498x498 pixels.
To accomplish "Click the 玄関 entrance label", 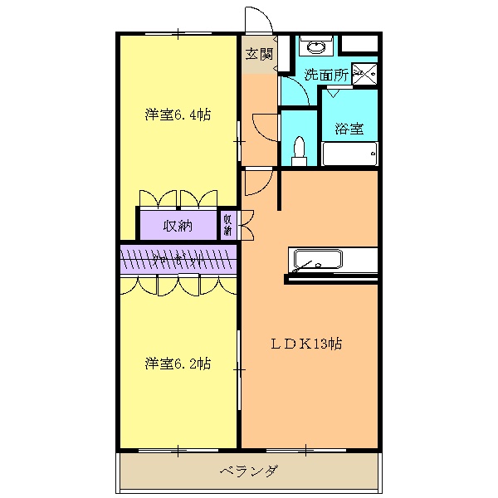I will pyautogui.click(x=260, y=54).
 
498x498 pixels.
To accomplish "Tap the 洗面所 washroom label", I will pyautogui.click(x=325, y=74).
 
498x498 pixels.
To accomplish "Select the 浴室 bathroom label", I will pyautogui.click(x=349, y=129).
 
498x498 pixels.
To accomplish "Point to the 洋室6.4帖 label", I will pyautogui.click(x=178, y=115).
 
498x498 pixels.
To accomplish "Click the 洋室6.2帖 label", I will pyautogui.click(x=178, y=364).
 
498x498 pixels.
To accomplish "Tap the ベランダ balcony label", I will pyautogui.click(x=249, y=471).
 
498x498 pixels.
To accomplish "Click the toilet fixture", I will pyautogui.click(x=300, y=149).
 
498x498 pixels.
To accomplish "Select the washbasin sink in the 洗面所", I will pyautogui.click(x=315, y=46).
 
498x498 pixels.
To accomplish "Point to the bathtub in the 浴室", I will pyautogui.click(x=349, y=154).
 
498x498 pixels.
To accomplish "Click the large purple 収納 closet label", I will pyautogui.click(x=178, y=225).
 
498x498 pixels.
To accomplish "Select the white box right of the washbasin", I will pyautogui.click(x=359, y=44).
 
